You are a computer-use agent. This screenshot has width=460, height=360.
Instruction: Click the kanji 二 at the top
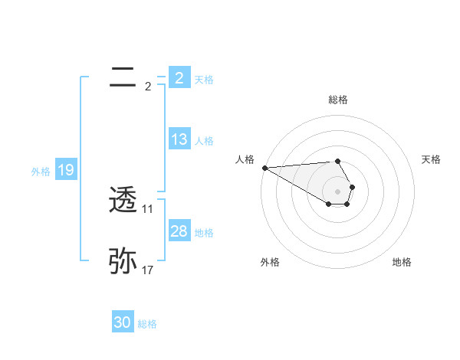point(123,77)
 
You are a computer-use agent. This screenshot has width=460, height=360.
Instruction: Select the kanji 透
point(123,201)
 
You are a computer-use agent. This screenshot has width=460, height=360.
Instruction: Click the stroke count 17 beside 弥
point(148,270)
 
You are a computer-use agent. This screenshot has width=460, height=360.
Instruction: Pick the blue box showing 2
point(179,78)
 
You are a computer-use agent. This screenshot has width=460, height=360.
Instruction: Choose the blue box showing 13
point(179,139)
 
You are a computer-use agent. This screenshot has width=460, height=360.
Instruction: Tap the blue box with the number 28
point(179,231)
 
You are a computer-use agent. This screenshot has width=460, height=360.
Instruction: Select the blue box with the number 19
point(65,170)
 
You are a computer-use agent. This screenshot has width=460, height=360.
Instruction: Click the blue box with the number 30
point(123,322)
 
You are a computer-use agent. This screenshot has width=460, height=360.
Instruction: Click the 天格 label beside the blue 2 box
point(204,80)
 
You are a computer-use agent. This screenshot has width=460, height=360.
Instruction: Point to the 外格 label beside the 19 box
point(41,172)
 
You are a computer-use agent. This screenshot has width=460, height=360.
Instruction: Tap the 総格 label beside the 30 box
point(147,324)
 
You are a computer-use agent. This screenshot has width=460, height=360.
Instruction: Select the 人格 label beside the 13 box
point(204,141)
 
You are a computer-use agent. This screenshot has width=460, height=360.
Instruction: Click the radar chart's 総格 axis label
point(338,100)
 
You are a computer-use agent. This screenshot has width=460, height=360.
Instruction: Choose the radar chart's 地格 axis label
point(402,262)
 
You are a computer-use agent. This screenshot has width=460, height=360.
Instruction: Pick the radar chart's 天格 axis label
point(431,159)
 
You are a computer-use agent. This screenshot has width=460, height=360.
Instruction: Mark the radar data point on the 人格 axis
point(264,167)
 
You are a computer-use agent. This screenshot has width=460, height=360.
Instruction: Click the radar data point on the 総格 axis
point(337,161)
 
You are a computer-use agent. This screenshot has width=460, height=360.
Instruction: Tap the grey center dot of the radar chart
point(337,191)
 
